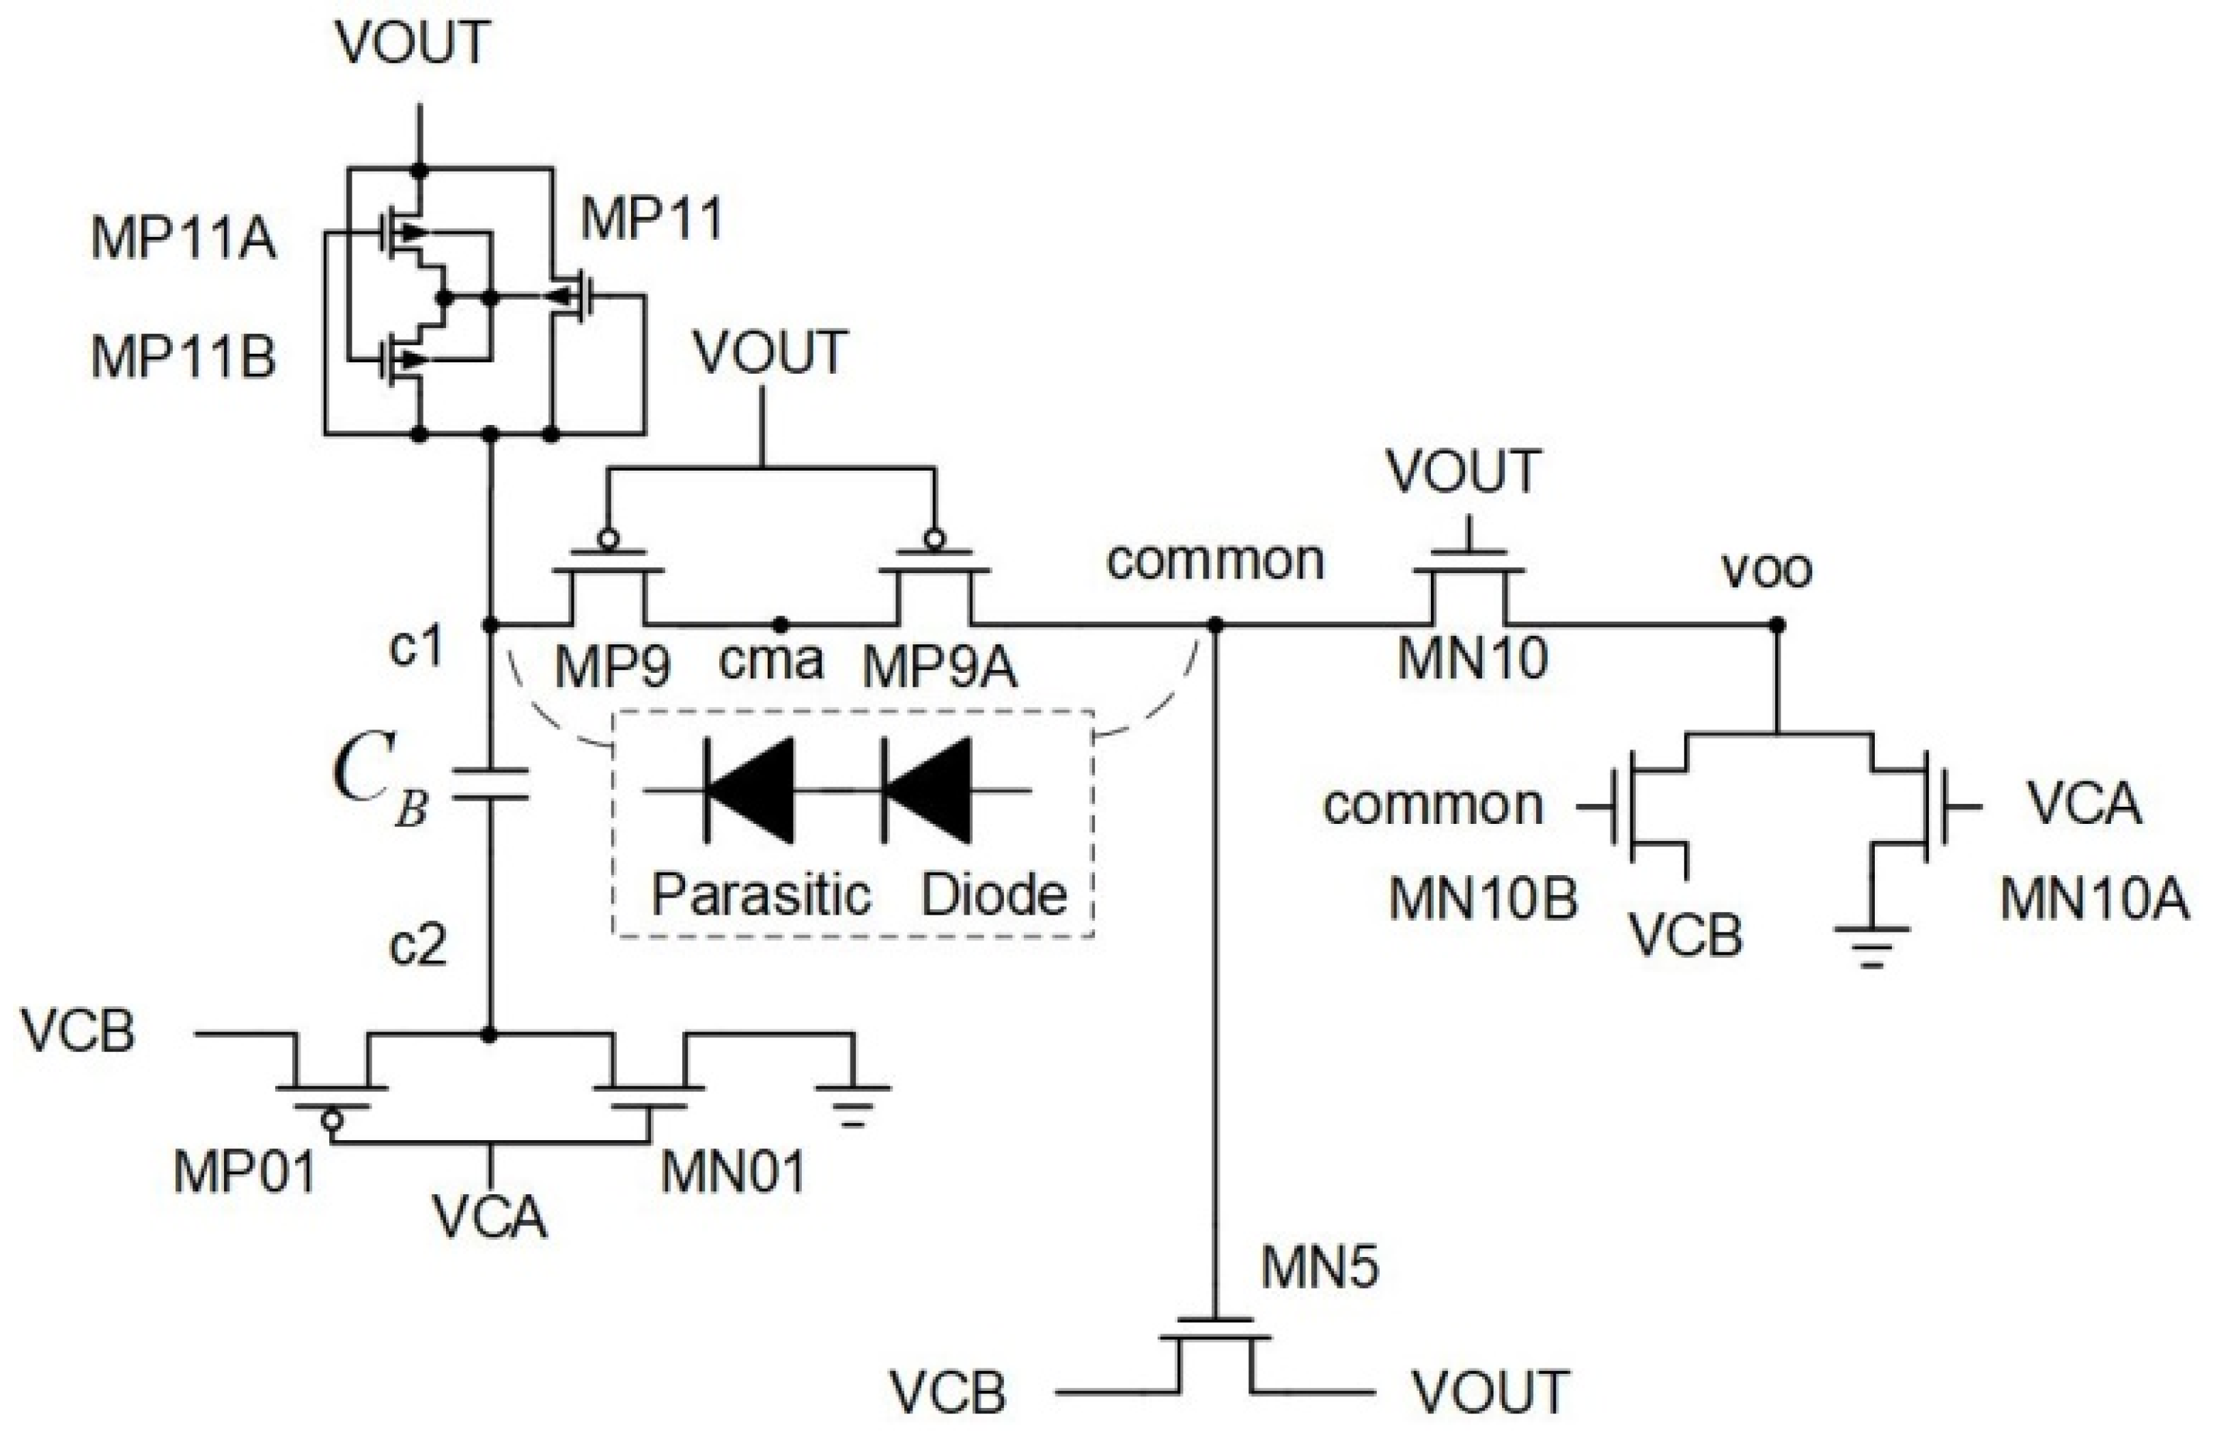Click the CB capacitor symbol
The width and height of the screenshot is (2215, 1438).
pyautogui.click(x=490, y=785)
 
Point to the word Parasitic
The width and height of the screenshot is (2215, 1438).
pyautogui.click(x=760, y=894)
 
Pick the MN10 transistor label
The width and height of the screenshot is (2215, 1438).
pyautogui.click(x=1473, y=658)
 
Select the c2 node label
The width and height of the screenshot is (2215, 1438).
pyautogui.click(x=418, y=947)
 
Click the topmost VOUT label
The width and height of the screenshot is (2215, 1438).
pyautogui.click(x=413, y=43)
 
